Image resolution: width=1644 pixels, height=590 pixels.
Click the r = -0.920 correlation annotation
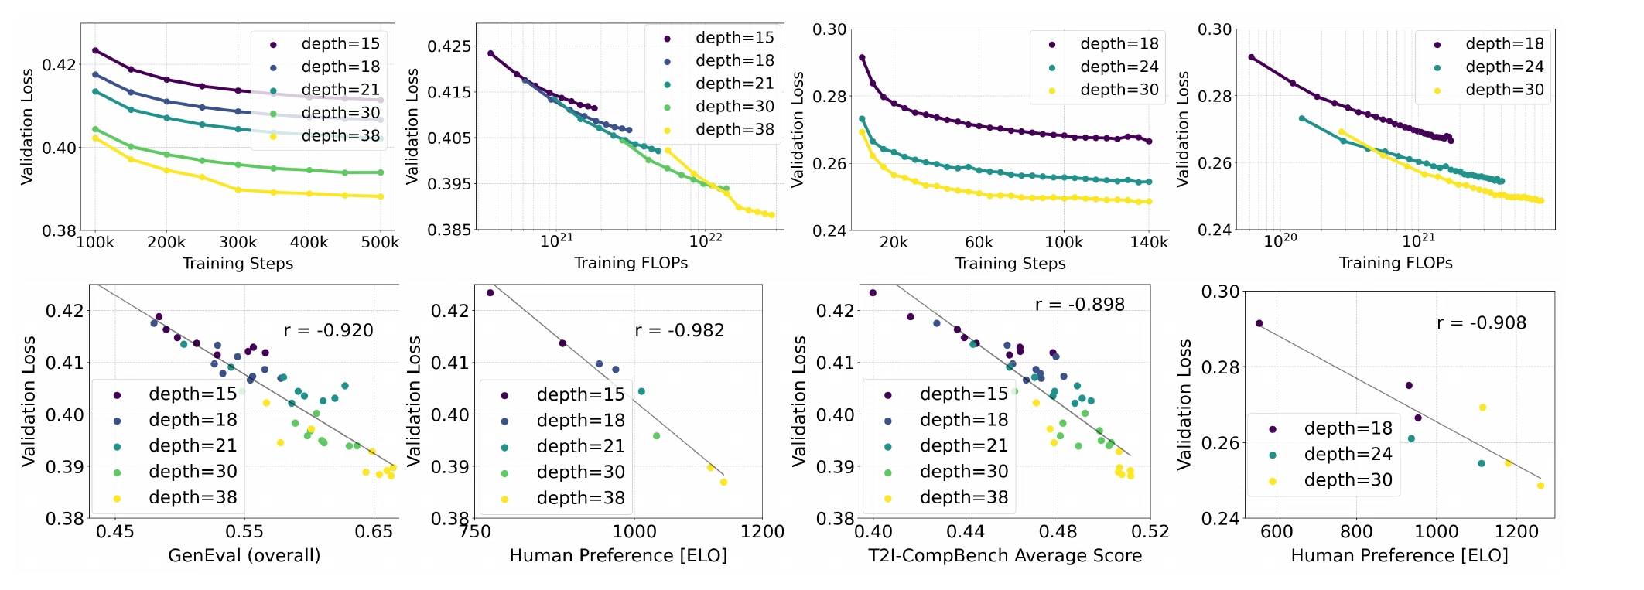click(x=328, y=331)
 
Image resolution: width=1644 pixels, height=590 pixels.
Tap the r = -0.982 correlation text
click(x=679, y=331)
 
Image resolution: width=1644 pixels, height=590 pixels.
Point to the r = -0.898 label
click(x=1080, y=305)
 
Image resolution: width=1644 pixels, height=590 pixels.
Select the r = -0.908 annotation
click(x=1482, y=323)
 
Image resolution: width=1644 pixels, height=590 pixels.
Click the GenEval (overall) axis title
click(x=244, y=556)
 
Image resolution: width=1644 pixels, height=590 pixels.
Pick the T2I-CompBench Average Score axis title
click(x=1005, y=556)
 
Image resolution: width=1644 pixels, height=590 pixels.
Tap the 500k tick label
click(x=381, y=243)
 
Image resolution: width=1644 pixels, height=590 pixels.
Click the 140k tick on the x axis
click(x=1149, y=243)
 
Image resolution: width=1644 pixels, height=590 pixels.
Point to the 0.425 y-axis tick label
click(x=449, y=46)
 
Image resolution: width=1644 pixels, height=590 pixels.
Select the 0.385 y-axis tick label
click(x=449, y=230)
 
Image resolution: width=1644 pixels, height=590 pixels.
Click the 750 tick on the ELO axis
click(x=475, y=532)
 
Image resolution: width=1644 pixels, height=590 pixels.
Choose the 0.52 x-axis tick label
click(x=1150, y=532)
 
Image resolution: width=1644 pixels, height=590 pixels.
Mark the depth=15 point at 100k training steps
click(x=95, y=50)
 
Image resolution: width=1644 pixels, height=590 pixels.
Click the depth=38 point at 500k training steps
click(x=381, y=196)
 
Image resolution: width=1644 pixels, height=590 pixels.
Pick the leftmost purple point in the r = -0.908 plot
click(x=1259, y=323)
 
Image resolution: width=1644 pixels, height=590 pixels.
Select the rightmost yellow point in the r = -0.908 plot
click(x=1540, y=486)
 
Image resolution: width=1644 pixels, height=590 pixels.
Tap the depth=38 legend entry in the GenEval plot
click(x=177, y=498)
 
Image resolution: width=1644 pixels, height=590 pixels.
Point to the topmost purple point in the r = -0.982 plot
click(x=490, y=293)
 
